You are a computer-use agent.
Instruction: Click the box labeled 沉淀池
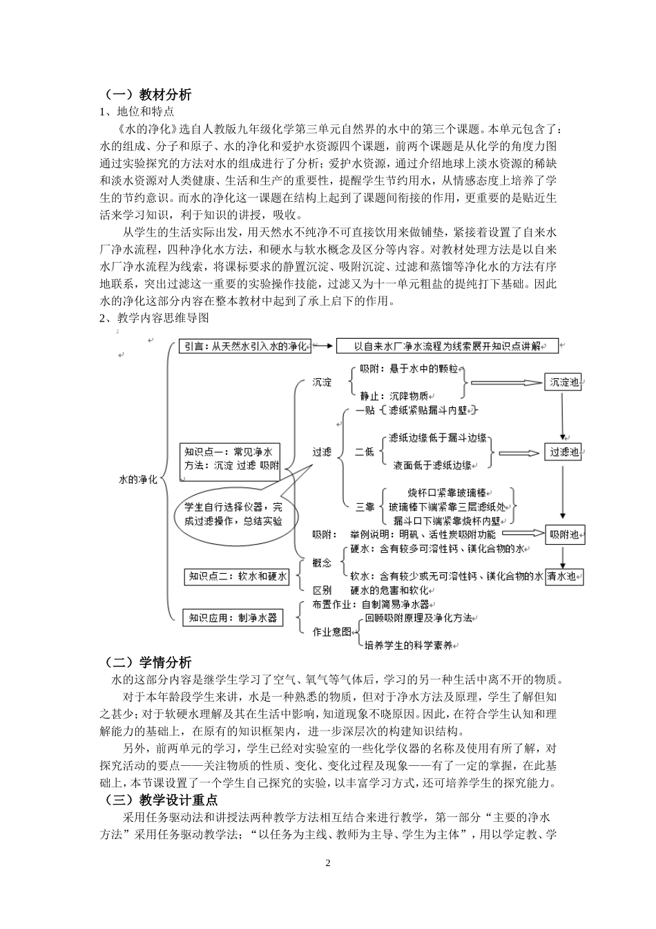click(x=565, y=382)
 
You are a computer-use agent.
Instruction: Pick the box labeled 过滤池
click(x=564, y=453)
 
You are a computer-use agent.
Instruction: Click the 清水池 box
click(x=565, y=577)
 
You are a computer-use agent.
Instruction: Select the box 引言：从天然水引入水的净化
click(x=245, y=346)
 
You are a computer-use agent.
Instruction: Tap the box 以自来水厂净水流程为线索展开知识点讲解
click(x=447, y=346)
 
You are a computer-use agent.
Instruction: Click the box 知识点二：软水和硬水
click(x=237, y=576)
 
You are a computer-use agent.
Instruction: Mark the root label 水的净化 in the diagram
click(x=138, y=479)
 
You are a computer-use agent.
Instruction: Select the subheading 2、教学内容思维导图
click(x=154, y=318)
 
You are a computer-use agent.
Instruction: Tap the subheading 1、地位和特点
click(x=137, y=111)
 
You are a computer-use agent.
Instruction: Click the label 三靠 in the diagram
click(x=365, y=507)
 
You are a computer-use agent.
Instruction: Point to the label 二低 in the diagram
click(x=365, y=452)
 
